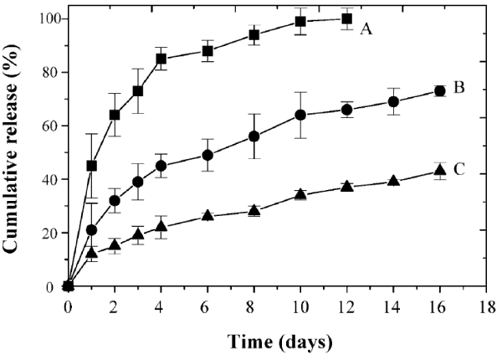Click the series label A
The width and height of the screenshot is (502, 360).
(366, 29)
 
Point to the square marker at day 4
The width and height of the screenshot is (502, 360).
(161, 59)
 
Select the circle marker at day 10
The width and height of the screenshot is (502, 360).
(300, 115)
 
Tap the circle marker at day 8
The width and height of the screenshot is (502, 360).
(254, 136)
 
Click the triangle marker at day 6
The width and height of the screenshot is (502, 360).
(207, 216)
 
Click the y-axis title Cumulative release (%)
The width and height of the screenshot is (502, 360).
(16, 150)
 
